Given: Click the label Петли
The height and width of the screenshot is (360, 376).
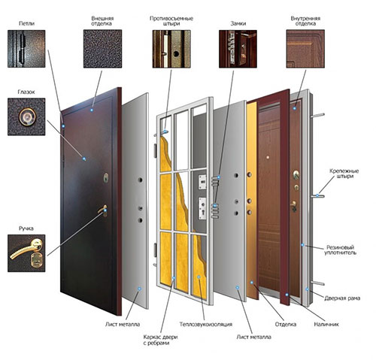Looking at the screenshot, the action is (x=26, y=23).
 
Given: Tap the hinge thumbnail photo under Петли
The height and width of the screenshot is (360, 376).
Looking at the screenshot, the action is (x=26, y=49).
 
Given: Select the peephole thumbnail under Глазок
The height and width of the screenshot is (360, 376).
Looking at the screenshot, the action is (x=26, y=116).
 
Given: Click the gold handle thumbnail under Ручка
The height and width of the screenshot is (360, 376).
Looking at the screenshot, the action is (x=26, y=253).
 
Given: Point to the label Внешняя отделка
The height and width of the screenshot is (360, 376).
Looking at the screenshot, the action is (x=102, y=21).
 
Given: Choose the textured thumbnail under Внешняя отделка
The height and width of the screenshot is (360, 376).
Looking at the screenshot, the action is (x=103, y=49).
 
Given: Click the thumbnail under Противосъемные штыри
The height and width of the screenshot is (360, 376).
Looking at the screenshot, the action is (x=171, y=49).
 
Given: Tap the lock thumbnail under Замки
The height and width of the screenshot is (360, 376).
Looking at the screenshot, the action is (x=238, y=49).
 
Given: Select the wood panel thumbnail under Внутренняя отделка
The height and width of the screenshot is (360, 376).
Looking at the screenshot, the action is (x=305, y=49).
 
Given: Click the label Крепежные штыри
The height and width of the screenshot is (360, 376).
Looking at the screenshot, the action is (x=344, y=174).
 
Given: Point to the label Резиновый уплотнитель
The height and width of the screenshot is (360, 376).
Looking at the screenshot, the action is (x=340, y=250).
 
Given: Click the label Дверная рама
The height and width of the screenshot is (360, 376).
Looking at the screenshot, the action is (x=342, y=298).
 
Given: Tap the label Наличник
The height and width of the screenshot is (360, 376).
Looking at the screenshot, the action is (x=326, y=325).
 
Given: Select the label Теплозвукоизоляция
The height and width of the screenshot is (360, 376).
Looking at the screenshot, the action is (x=206, y=325).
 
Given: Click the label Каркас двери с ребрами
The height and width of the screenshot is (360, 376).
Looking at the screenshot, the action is (x=160, y=340).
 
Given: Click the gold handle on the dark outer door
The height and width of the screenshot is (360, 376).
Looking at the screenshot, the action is (x=103, y=210).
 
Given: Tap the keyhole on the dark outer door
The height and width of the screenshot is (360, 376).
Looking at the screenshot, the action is (x=106, y=177).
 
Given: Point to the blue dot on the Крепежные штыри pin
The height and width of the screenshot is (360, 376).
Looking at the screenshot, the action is (x=317, y=195).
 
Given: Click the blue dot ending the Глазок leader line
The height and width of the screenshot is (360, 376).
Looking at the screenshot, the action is (x=84, y=159).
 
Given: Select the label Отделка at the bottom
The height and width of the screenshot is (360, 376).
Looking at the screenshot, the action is (x=286, y=325).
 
